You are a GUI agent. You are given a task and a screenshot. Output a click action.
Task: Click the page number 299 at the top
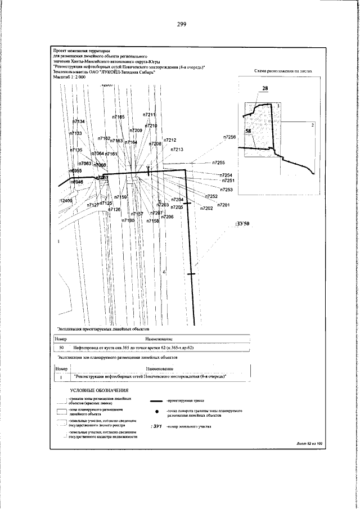(x=181, y=24)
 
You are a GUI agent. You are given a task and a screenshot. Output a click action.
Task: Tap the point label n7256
(x=229, y=137)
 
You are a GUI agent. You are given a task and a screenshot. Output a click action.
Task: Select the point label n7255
(x=219, y=163)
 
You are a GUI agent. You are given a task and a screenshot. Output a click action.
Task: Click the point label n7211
(x=149, y=115)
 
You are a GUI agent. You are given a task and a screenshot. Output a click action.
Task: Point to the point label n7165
(x=118, y=116)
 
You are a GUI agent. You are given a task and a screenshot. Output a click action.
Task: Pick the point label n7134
(x=79, y=121)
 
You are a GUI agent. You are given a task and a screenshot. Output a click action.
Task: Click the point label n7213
(x=177, y=150)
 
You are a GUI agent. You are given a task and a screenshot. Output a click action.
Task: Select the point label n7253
(x=226, y=190)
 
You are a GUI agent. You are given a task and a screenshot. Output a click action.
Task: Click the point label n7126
(x=114, y=209)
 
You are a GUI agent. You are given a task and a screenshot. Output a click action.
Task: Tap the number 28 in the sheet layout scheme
(x=265, y=89)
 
